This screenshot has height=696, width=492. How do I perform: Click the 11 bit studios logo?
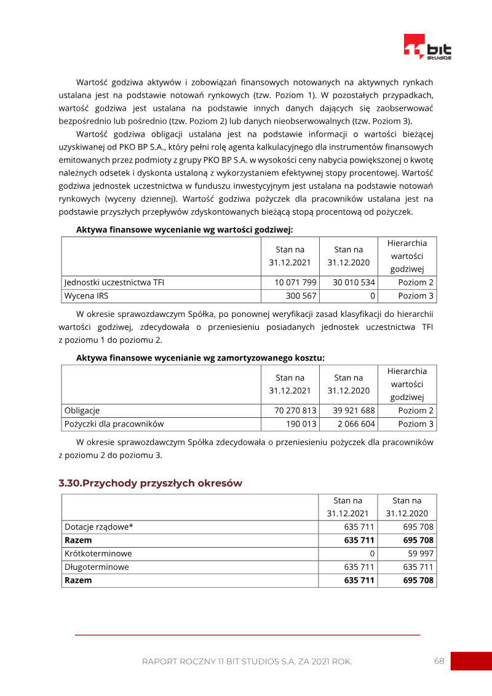tap(427, 47)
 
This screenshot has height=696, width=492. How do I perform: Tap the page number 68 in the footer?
tap(438, 661)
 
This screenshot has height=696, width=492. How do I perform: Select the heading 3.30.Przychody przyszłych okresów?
tap(150, 483)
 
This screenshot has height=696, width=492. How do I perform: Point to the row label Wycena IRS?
tap(87, 296)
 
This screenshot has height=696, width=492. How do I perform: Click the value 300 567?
tap(301, 296)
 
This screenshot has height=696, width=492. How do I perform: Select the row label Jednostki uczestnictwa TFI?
tap(114, 282)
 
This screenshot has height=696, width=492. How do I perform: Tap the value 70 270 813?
tap(293, 410)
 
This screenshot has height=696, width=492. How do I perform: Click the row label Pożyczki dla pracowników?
tap(114, 424)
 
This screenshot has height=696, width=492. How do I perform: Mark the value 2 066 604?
tap(356, 424)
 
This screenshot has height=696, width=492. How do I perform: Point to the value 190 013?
tap(301, 424)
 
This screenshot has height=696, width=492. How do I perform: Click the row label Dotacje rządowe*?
tap(98, 527)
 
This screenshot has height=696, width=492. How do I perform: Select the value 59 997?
tap(420, 553)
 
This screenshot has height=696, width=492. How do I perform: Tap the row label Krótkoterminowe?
tap(98, 553)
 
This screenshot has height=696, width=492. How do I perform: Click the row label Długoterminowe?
tap(97, 567)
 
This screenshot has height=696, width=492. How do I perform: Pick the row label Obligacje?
tap(82, 410)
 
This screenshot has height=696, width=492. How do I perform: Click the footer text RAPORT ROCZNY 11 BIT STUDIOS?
tap(247, 662)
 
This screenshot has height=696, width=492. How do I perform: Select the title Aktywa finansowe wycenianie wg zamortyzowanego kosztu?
tap(200, 358)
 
